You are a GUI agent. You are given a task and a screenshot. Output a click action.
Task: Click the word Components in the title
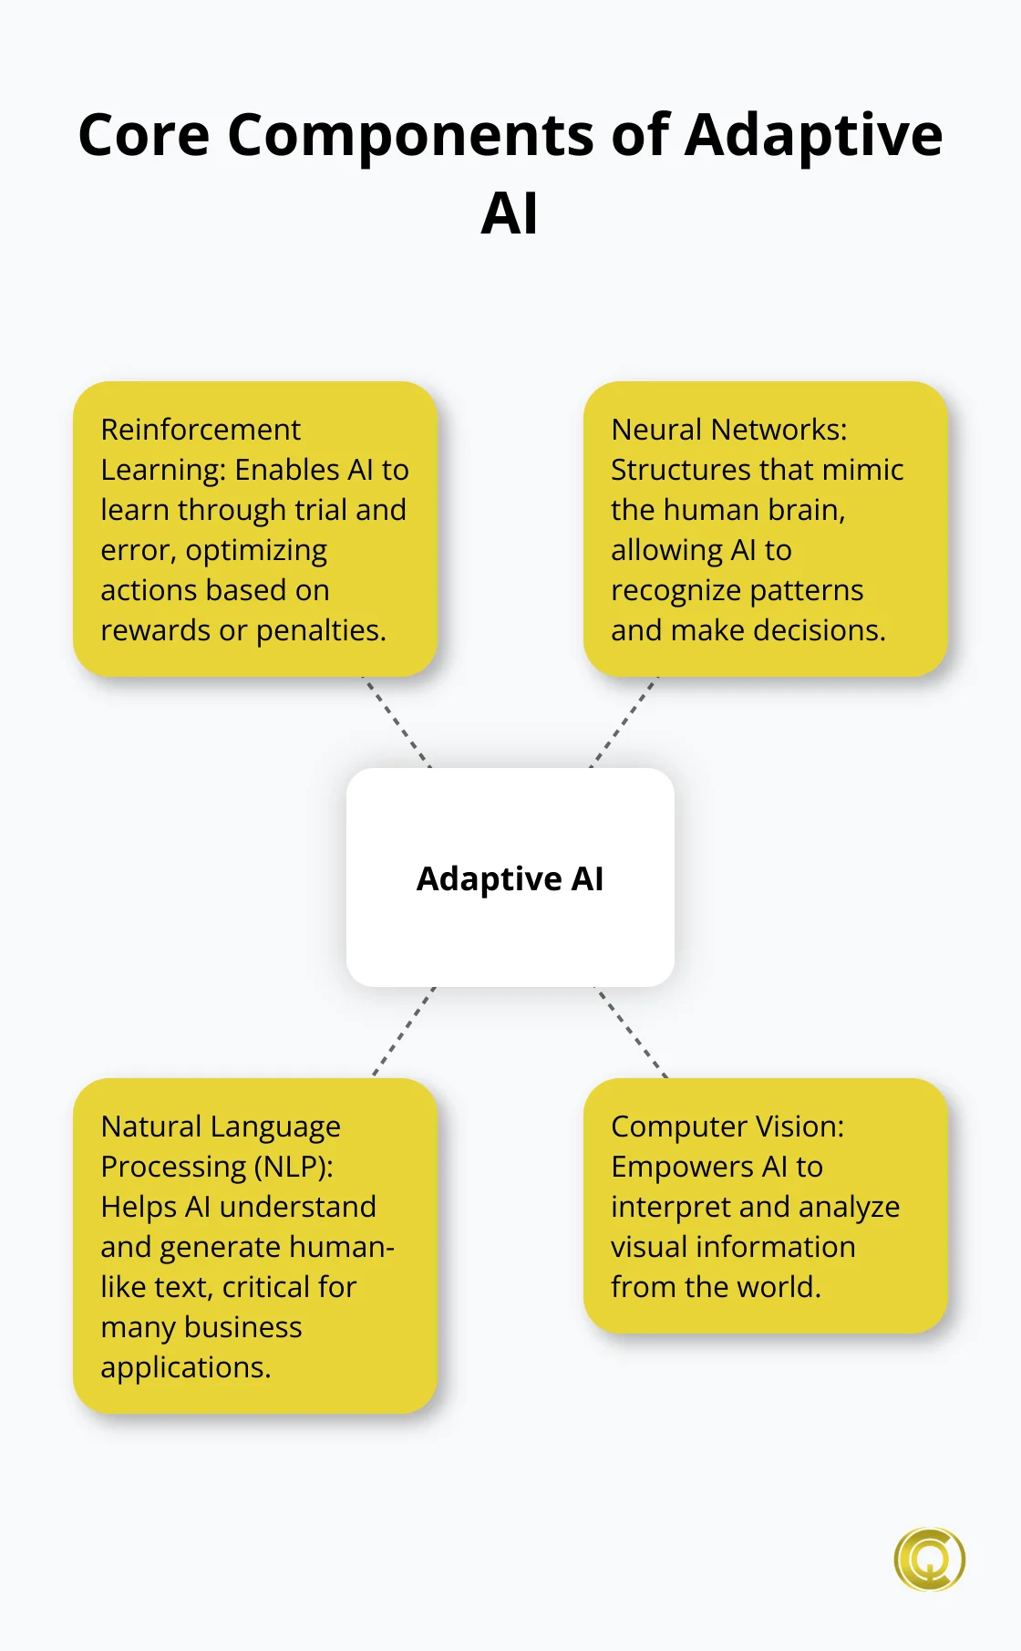click(x=410, y=135)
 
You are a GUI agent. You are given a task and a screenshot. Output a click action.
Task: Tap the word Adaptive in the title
click(x=813, y=135)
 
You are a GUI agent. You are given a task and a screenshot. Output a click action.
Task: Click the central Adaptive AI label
click(x=510, y=878)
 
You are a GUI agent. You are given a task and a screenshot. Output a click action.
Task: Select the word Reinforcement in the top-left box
click(x=201, y=430)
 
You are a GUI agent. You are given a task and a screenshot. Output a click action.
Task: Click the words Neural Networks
click(x=728, y=430)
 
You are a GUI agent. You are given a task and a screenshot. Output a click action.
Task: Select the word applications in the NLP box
click(x=185, y=1367)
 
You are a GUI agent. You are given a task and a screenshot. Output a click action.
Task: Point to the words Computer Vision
click(x=727, y=1127)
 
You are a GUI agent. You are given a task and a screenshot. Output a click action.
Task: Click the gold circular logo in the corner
click(x=929, y=1560)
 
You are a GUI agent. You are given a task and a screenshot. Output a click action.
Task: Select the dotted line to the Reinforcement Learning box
click(x=397, y=722)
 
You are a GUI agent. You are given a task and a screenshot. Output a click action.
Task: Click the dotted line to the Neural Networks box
click(x=624, y=722)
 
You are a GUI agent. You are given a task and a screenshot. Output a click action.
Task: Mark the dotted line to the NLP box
click(x=404, y=1032)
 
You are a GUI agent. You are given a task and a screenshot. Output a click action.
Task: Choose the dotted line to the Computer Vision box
click(x=632, y=1032)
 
